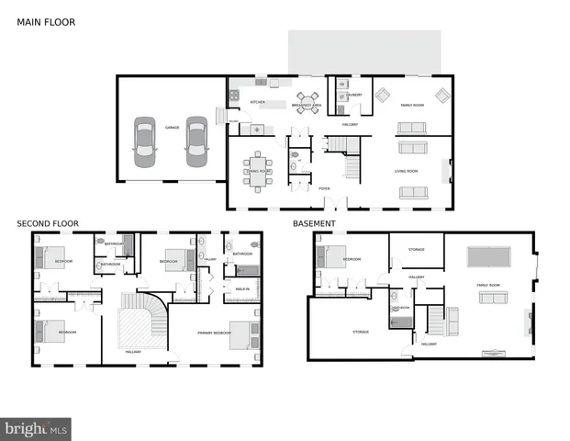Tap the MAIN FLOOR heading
[x=46, y=21]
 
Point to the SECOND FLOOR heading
[x=48, y=223]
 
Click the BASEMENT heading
[x=314, y=223]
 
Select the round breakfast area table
[x=307, y=102]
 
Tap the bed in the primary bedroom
[x=244, y=334]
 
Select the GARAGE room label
[x=172, y=127]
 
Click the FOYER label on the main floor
[x=324, y=189]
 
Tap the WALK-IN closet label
[x=243, y=289]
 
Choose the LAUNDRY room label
[x=354, y=95]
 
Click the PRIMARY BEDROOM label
[x=214, y=333]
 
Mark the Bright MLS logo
[x=37, y=428]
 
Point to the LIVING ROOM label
[x=407, y=171]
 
